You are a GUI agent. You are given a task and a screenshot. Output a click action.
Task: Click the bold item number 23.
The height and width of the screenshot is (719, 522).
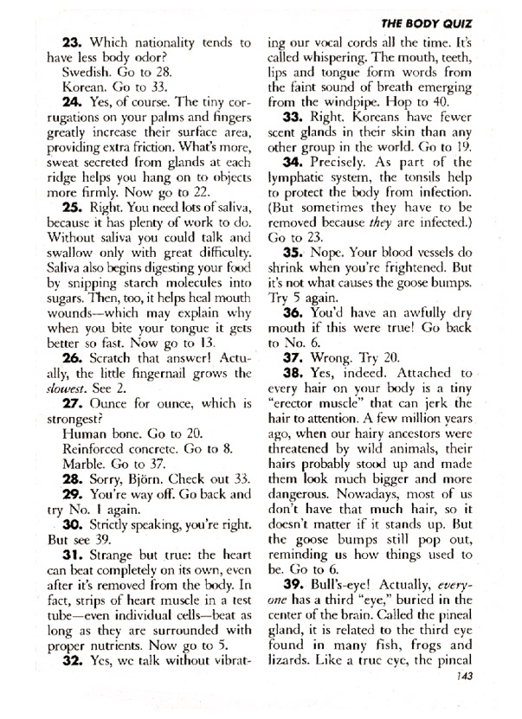click(73, 40)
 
